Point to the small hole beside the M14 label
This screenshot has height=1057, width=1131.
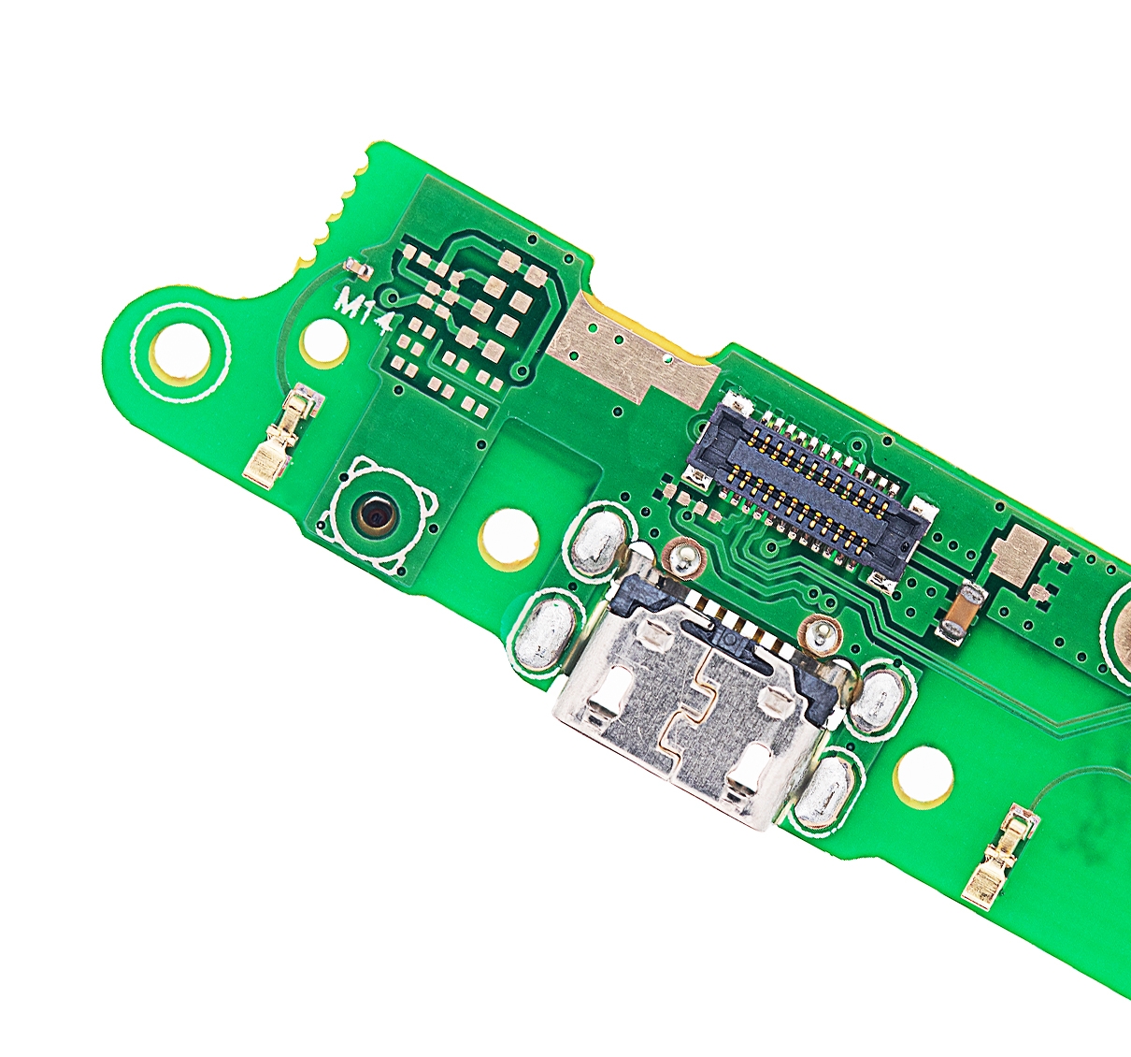click(323, 344)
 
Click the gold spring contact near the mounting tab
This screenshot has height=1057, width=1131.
click(282, 435)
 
